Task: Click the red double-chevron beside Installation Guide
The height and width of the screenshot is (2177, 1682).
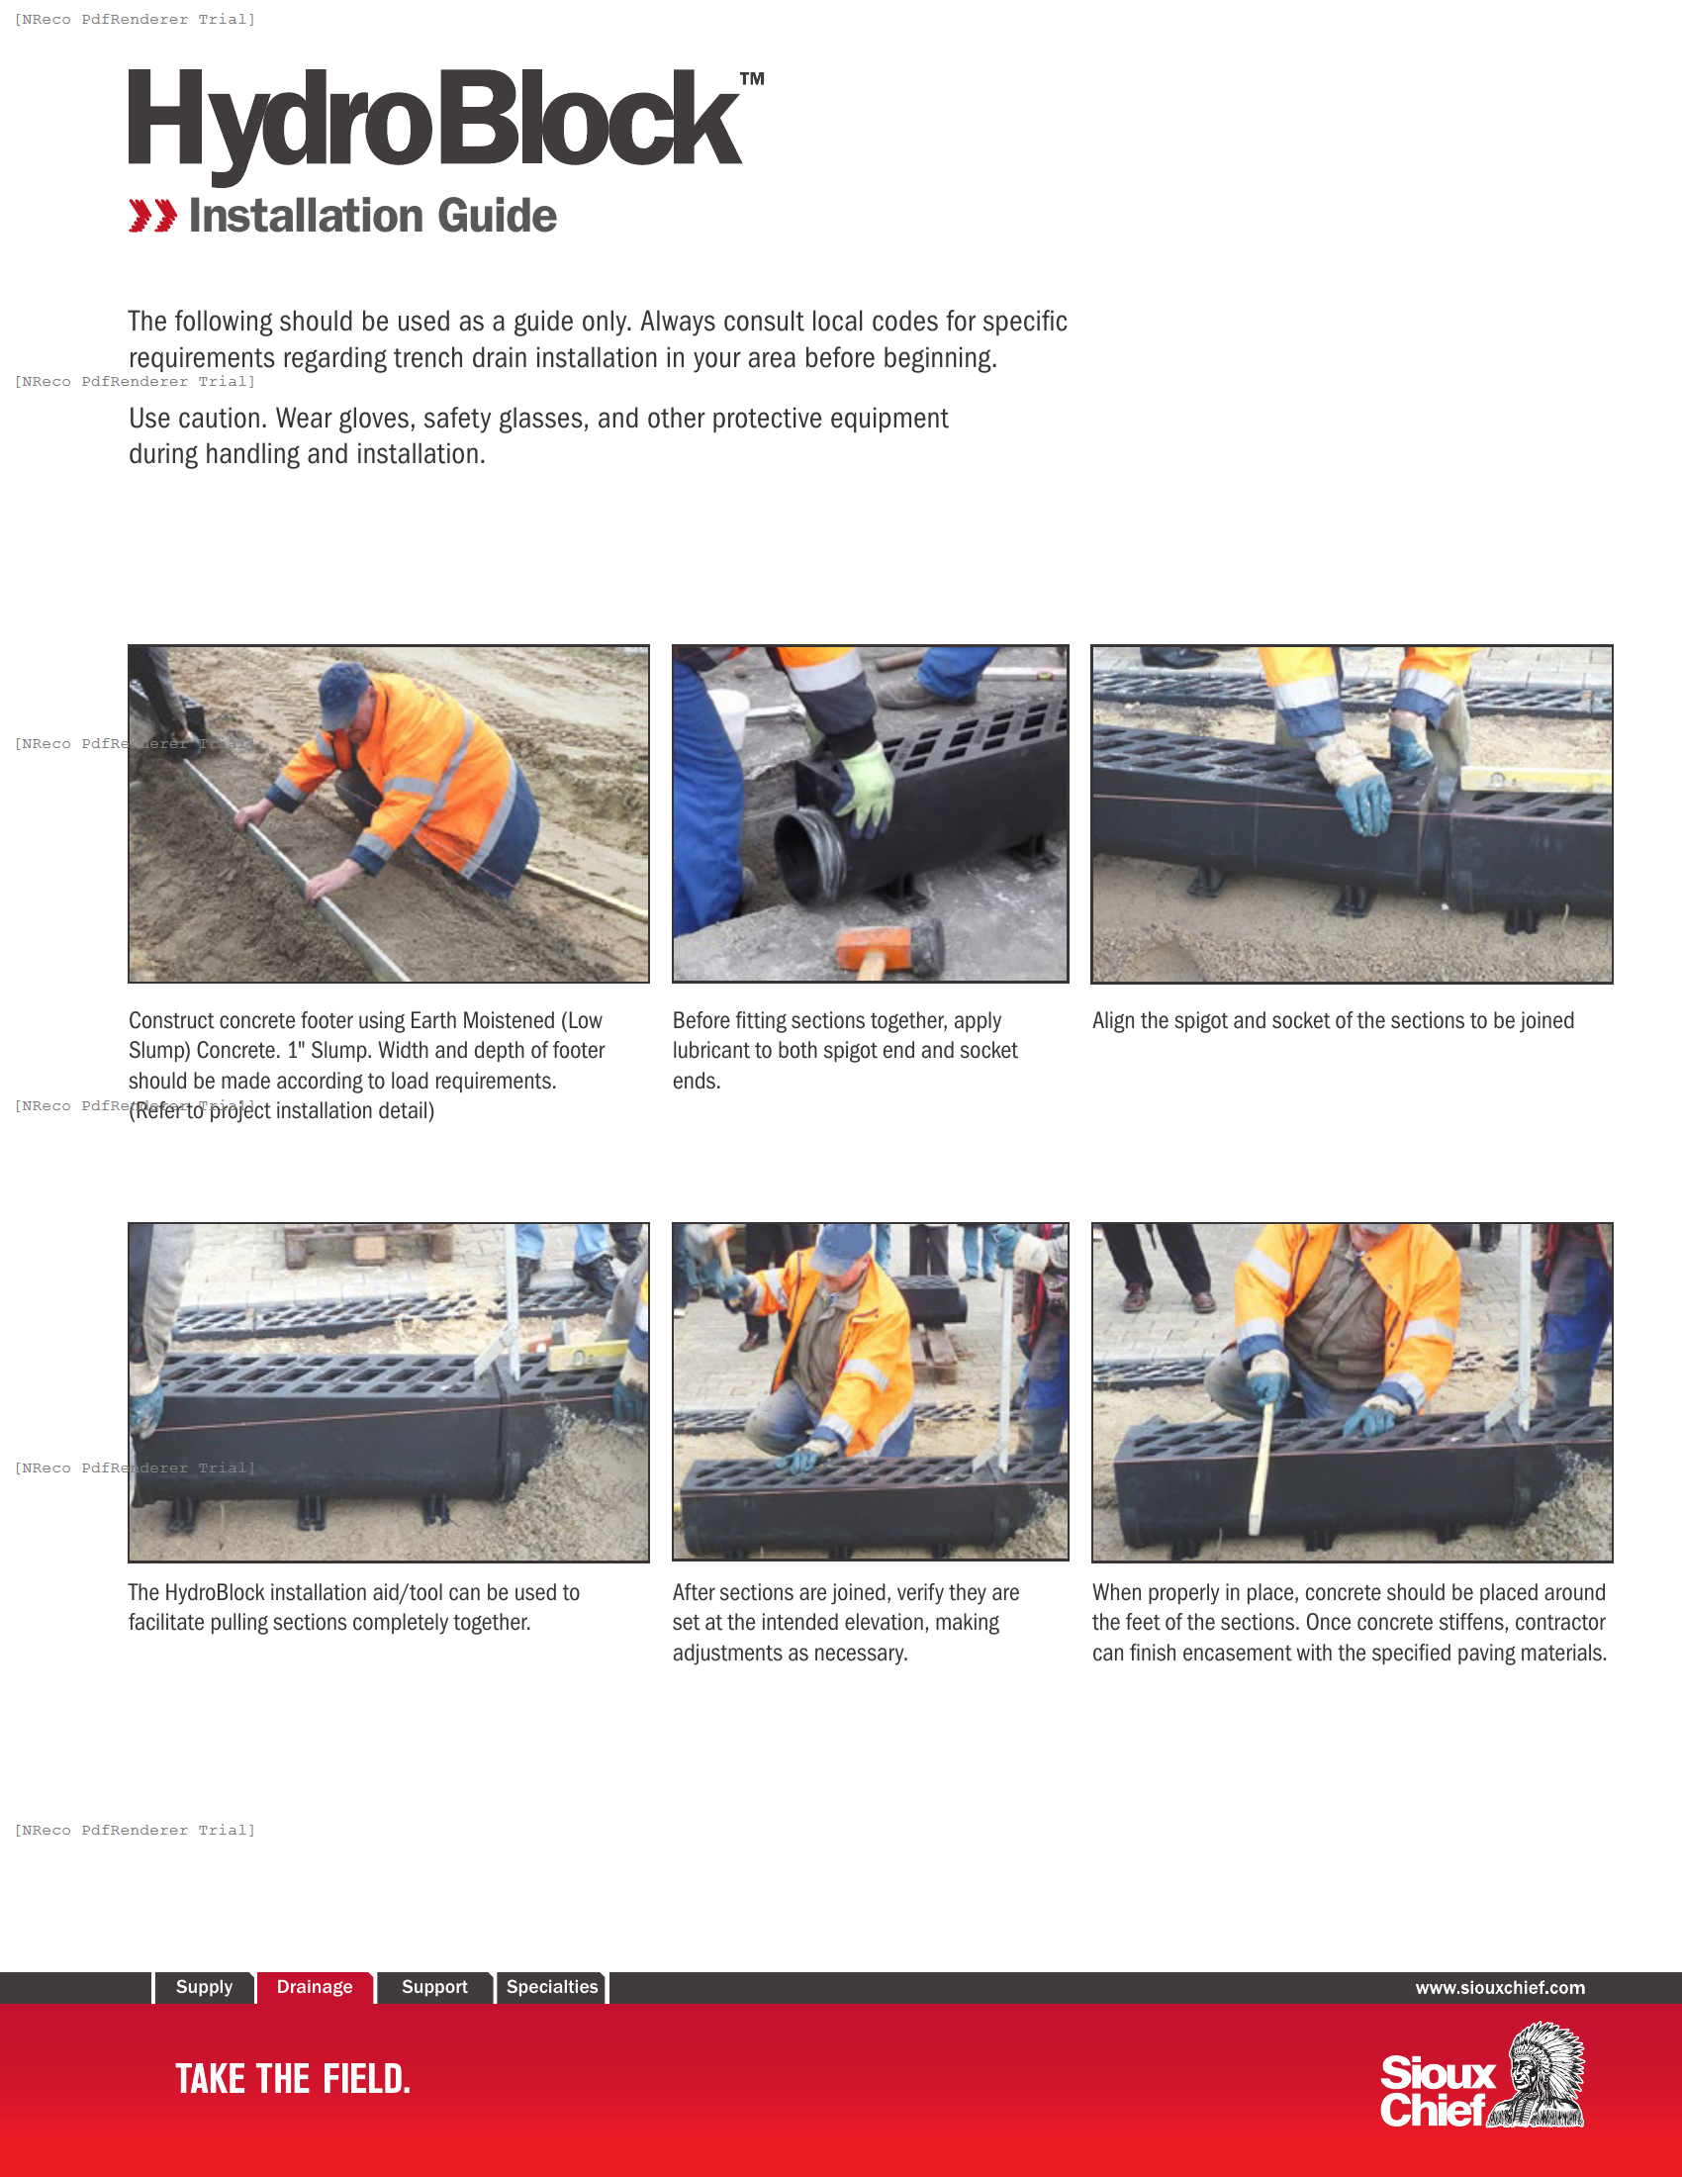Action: coord(152,216)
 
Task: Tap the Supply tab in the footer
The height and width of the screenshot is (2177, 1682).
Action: coord(204,1987)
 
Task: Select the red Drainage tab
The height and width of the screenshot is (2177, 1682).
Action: coord(314,1987)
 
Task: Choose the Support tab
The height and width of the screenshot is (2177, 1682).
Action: coord(434,1987)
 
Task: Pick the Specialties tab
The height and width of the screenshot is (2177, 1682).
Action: coord(552,1987)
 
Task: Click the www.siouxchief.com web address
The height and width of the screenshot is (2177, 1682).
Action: coord(1500,1988)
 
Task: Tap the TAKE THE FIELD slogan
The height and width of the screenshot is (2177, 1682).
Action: coord(293,2079)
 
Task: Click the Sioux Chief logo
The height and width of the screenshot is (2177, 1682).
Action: coord(1482,2077)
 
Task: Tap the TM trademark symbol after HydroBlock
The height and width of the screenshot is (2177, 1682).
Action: coord(752,79)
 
